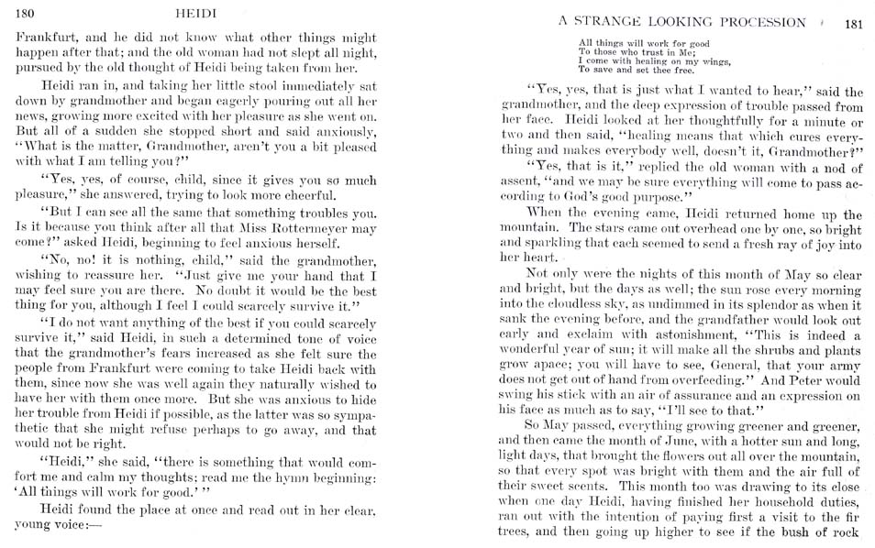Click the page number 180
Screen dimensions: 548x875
tap(25, 12)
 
